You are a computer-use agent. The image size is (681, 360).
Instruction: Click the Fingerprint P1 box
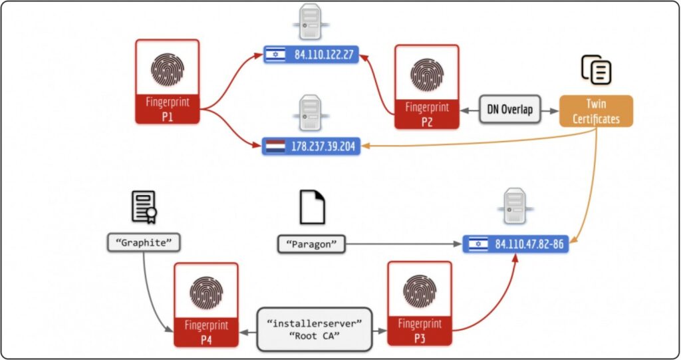[x=167, y=81]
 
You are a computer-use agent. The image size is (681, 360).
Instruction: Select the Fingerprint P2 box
[x=426, y=87]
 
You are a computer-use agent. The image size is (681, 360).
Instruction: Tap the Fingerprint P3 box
[x=419, y=304]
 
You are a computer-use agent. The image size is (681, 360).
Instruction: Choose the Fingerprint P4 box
[x=205, y=304]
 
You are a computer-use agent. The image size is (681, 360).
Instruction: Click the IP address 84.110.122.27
[x=311, y=55]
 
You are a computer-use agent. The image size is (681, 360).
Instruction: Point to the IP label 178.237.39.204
[x=311, y=146]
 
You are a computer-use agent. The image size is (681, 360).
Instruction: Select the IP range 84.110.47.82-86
[x=515, y=244]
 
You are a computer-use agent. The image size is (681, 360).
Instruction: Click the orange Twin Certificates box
[x=596, y=110]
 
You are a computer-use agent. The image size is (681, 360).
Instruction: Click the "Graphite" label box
[x=144, y=243]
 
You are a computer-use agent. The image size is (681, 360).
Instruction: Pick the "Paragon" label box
[x=312, y=244]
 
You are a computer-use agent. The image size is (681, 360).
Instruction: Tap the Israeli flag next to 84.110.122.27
[x=275, y=55]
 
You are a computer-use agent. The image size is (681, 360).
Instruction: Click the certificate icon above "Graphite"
[x=144, y=206]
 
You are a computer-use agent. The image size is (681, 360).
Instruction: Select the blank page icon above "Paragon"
[x=312, y=207]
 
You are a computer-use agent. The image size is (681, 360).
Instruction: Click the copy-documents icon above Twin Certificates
[x=596, y=69]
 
